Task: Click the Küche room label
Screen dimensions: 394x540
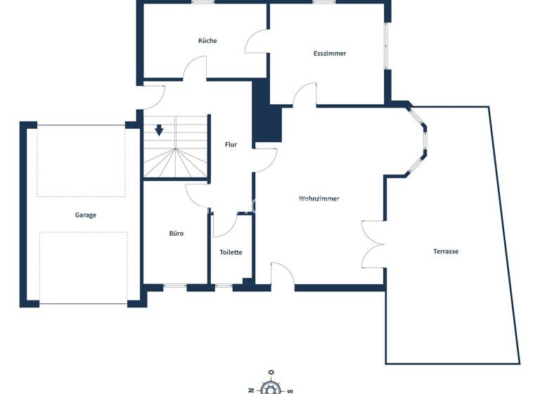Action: [x=207, y=41]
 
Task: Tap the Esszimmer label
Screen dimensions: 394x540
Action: [x=330, y=53]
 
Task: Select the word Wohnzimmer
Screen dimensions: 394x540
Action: [x=319, y=199]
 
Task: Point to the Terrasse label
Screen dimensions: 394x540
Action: [x=446, y=251]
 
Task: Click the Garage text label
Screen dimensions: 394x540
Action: [x=86, y=215]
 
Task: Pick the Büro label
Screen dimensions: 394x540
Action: [x=176, y=233]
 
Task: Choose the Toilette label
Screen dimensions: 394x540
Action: [x=231, y=252]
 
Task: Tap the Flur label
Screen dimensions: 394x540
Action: [x=231, y=145]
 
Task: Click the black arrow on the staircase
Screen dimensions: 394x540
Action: [x=160, y=130]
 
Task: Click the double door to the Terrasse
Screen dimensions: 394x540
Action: [x=373, y=245]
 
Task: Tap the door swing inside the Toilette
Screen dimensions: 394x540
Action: [x=224, y=225]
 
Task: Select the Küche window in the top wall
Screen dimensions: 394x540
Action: [x=204, y=2]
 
